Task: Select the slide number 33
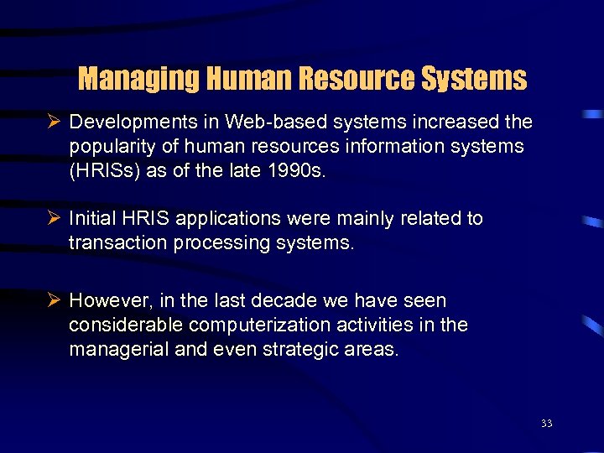[547, 424]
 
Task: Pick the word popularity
[112, 147]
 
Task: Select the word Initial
[94, 219]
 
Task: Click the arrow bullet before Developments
[56, 122]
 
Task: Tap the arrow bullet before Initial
[56, 219]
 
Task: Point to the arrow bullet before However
[56, 300]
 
